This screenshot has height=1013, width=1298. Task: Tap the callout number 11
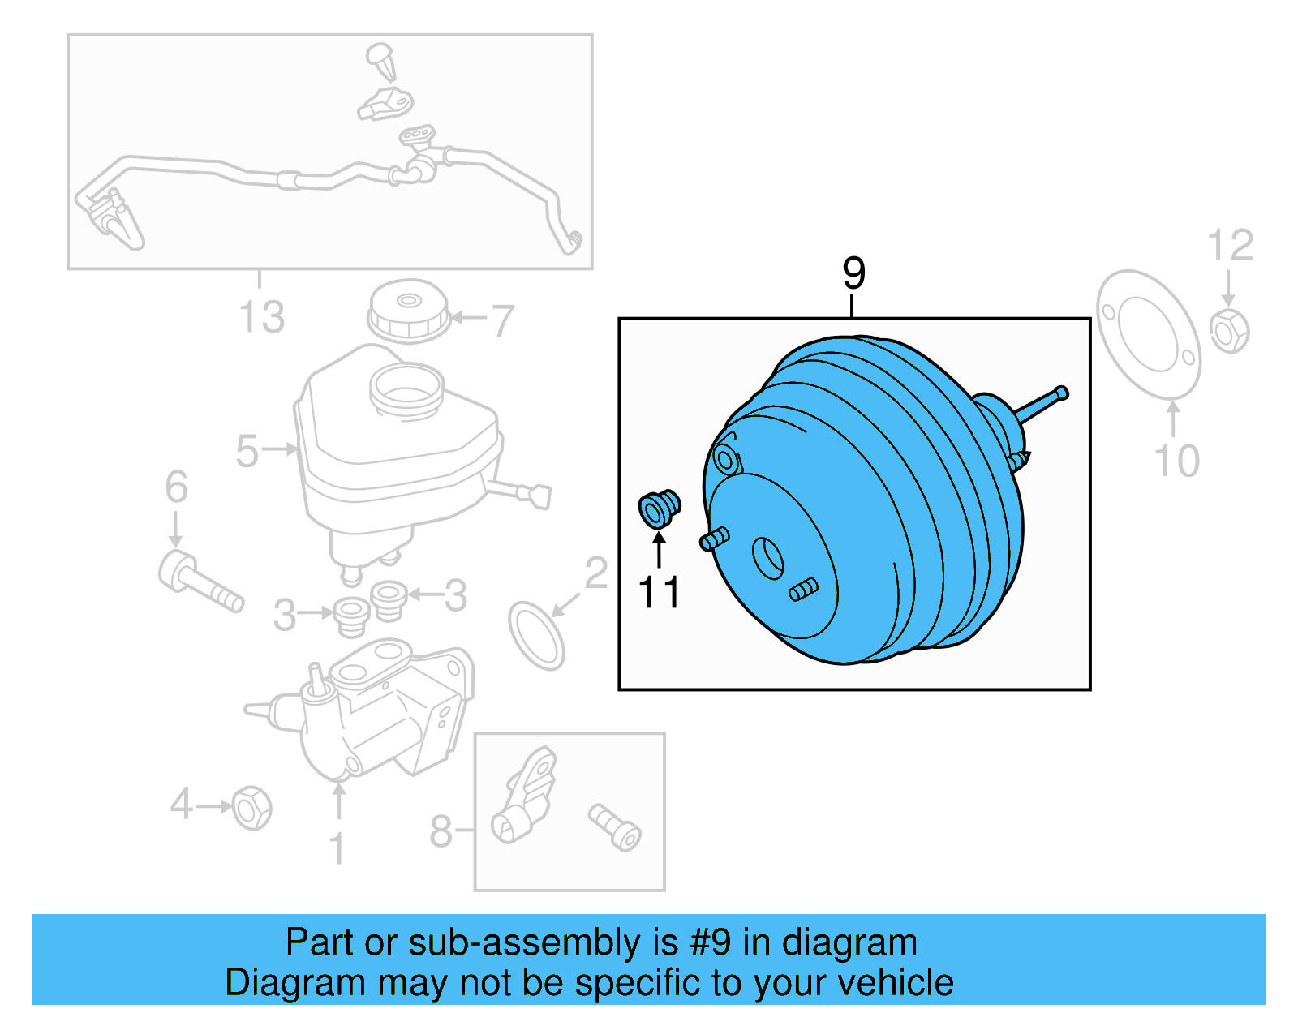pos(659,593)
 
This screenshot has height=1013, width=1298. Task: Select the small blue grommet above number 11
pos(659,508)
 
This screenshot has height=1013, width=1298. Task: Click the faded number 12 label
pos(1230,246)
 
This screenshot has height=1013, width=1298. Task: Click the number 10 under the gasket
pos(1176,461)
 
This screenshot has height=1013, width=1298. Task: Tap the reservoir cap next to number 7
pos(408,311)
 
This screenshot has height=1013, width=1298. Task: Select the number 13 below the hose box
pos(261,317)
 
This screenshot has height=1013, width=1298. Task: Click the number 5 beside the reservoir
pos(247,451)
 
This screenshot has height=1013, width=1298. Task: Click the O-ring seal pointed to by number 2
pos(536,635)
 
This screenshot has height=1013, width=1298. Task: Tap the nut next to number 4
pos(251,808)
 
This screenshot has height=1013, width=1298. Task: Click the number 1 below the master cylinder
pos(337,849)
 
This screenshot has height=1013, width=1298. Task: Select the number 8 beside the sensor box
pos(441,831)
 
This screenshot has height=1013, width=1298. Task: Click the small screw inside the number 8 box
pos(614,826)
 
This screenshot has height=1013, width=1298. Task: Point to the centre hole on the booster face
pos(767,558)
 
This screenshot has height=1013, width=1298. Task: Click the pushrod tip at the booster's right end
pos(1062,393)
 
